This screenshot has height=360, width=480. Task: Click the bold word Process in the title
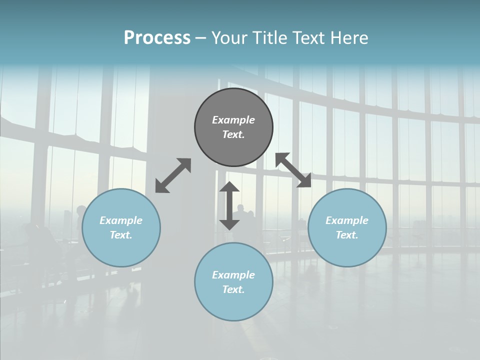point(157,38)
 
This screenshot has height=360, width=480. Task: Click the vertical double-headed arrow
point(229,205)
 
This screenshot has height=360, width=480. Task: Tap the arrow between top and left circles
point(173,175)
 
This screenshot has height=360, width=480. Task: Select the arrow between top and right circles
point(293,170)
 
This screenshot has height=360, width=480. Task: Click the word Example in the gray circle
point(233,120)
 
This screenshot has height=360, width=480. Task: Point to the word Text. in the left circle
point(121,235)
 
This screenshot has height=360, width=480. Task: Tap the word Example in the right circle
point(347,220)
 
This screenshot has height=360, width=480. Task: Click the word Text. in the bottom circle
point(233,289)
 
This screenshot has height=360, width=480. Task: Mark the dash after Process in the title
point(200,38)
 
